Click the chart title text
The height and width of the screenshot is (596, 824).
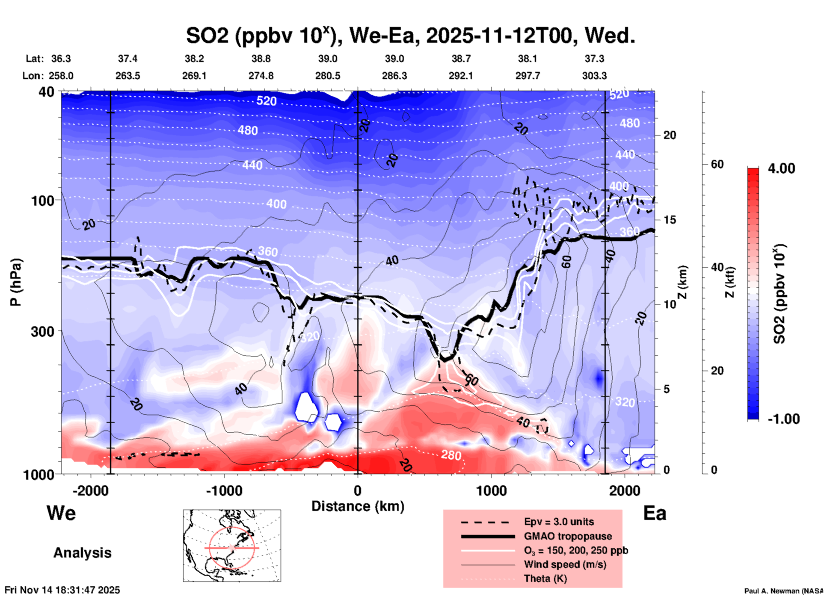(x=410, y=35)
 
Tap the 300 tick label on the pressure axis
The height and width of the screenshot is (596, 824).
(x=42, y=331)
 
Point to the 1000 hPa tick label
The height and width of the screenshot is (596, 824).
(x=39, y=474)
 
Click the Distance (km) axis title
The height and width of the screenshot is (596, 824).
(x=358, y=506)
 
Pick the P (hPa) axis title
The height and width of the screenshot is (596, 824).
(x=16, y=282)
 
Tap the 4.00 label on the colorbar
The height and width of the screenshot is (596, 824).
(x=781, y=168)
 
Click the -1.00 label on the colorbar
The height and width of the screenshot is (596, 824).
(x=783, y=419)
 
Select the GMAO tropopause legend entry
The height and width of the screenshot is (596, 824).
(x=568, y=536)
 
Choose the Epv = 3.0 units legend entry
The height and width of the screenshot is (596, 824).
(x=559, y=522)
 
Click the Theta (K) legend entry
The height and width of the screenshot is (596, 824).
(x=545, y=578)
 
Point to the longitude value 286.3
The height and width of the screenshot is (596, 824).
(x=394, y=76)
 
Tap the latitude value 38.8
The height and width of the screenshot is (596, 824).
(x=261, y=59)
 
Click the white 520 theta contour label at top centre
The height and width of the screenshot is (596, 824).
(x=267, y=101)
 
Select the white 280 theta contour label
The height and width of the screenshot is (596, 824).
(x=451, y=455)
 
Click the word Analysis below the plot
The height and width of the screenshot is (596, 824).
(x=82, y=553)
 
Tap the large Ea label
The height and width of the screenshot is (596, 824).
(x=655, y=513)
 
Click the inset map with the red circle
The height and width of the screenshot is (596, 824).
(x=232, y=545)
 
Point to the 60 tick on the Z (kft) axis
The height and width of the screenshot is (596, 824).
(x=717, y=164)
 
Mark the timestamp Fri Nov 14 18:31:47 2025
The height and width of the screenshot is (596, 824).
(x=62, y=590)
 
